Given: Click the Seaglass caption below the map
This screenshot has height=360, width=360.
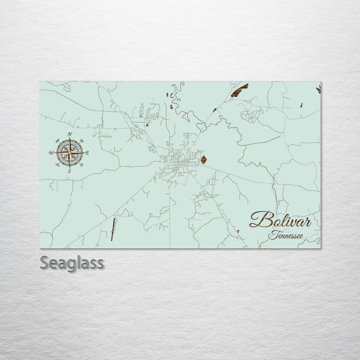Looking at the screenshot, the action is pyautogui.click(x=71, y=263).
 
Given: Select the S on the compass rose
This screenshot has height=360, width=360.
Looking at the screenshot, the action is pyautogui.click(x=69, y=171).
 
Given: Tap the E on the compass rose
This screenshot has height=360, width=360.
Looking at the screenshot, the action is pyautogui.click(x=87, y=153).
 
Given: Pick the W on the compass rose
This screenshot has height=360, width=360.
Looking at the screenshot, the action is pyautogui.click(x=51, y=153).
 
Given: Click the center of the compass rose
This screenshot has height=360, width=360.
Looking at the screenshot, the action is pyautogui.click(x=69, y=153).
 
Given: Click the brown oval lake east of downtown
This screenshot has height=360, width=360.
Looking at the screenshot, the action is pyautogui.click(x=203, y=159).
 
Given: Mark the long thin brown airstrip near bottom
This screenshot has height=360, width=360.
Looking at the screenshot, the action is pyautogui.click(x=113, y=229).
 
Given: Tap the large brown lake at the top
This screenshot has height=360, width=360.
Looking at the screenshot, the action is pyautogui.click(x=239, y=90).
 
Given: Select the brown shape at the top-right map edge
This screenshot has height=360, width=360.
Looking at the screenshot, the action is pyautogui.click(x=318, y=89).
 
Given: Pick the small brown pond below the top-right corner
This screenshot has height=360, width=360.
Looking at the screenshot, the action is pyautogui.click(x=301, y=105).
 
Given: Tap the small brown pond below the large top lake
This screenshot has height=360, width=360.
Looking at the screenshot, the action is pyautogui.click(x=214, y=110).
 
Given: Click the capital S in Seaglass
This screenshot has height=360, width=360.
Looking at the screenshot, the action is pyautogui.click(x=45, y=263).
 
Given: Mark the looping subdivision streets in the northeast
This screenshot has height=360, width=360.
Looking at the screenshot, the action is pyautogui.click(x=251, y=115).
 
